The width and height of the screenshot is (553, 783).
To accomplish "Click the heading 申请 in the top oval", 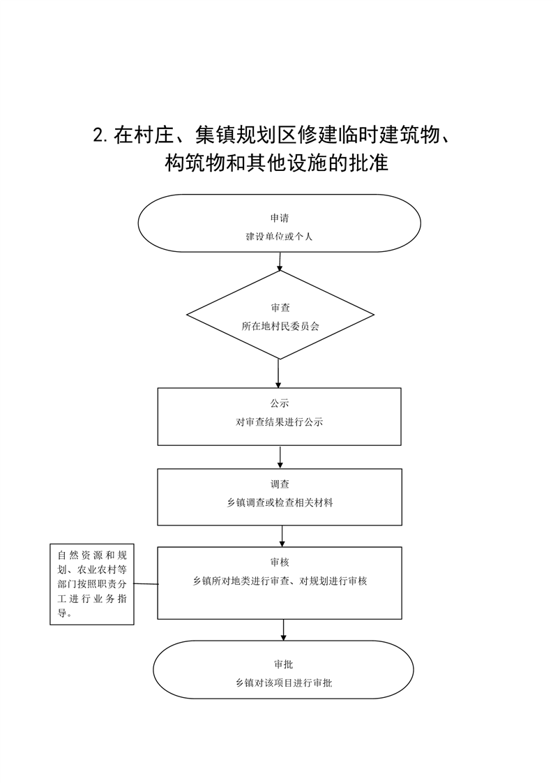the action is [280, 218].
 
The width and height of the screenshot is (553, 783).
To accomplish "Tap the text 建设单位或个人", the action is [279, 236].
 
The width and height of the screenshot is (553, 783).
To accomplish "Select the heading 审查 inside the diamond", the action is [280, 308].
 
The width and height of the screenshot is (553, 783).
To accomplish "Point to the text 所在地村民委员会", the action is [280, 326].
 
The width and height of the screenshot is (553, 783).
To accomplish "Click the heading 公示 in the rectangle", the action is [280, 403].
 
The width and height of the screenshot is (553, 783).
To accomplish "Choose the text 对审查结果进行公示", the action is [280, 422].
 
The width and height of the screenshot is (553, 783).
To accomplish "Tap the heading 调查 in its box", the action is [280, 484].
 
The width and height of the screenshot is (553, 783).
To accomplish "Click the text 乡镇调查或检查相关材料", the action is [280, 503].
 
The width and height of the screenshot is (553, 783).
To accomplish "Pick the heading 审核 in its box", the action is [280, 562].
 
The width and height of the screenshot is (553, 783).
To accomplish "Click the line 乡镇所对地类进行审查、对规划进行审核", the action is [280, 581].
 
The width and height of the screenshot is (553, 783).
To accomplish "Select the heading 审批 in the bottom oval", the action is [283, 664].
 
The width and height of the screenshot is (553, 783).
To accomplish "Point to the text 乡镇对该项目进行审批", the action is [284, 683].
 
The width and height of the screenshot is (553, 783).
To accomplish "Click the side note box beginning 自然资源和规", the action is [92, 584].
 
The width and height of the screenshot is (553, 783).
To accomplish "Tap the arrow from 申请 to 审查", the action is [280, 262].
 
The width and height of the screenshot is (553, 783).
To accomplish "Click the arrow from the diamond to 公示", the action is [278, 373].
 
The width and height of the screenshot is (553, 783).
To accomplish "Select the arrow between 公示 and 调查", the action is [280, 457].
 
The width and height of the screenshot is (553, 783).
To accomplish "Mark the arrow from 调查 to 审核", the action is [282, 537].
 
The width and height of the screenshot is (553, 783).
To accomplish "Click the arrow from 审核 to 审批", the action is [284, 630].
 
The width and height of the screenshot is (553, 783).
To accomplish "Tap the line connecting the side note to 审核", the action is [146, 583].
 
